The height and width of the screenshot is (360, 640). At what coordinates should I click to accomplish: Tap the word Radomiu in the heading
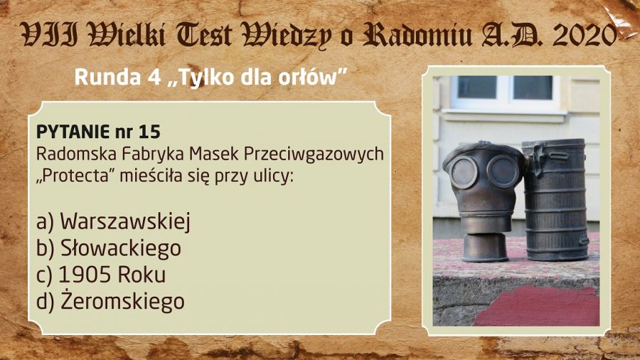coord(417,35)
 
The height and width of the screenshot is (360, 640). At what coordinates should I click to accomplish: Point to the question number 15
coord(149,132)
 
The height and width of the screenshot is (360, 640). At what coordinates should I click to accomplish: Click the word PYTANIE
coord(73,132)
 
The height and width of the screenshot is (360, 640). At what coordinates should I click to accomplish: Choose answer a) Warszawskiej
coord(114,222)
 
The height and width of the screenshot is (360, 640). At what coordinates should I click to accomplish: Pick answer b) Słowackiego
coord(109,248)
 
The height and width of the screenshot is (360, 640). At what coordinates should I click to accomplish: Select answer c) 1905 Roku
coord(101,275)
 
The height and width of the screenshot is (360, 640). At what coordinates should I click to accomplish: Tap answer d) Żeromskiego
coord(110,301)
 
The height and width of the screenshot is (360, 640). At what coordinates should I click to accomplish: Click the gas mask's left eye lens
coord(464,172)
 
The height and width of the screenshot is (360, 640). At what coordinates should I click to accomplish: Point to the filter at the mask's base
coord(485,247)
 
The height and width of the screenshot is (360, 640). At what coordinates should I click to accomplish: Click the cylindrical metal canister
coord(556,199)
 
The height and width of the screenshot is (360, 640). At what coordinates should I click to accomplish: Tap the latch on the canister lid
coord(535,159)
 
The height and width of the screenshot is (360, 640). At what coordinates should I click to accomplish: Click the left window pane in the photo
coord(476,88)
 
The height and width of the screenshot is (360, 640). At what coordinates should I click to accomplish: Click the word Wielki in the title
coord(127,35)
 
